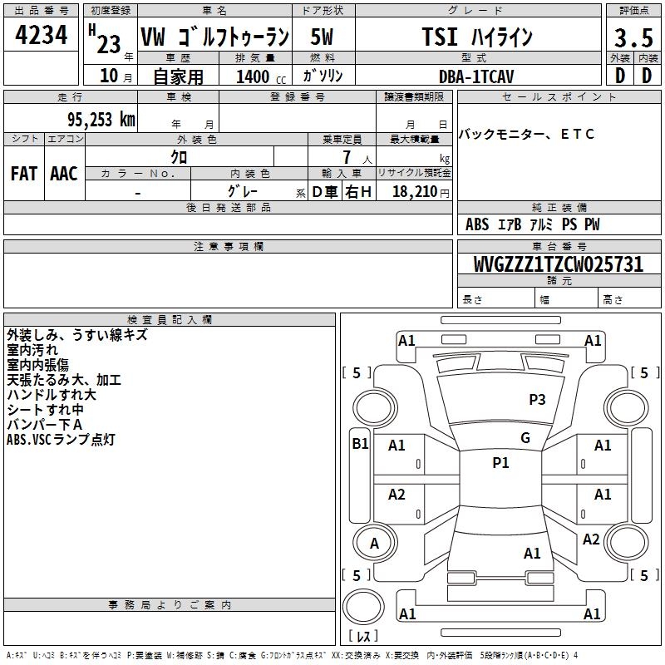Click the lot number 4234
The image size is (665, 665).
pos(41,35)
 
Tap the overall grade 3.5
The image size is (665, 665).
pos(633,37)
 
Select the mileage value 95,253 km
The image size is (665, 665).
pos(101,120)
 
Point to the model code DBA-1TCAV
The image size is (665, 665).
pos(476,76)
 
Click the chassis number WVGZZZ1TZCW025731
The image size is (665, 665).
pos(559,264)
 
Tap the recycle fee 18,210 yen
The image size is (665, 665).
pos(421,192)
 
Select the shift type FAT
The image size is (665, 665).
pos(24,174)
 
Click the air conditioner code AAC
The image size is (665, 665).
pos(64,174)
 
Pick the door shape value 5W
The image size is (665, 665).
pos(322,37)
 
